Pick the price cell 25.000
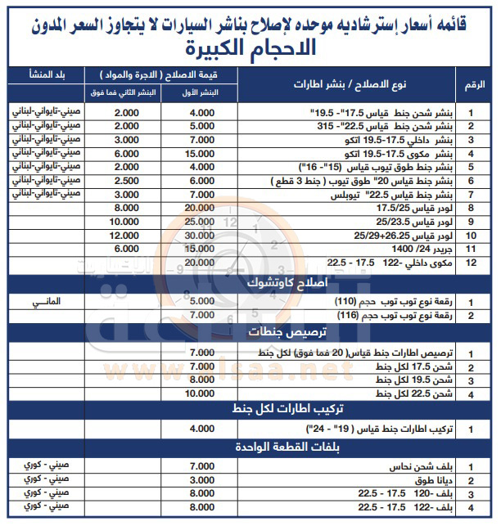pyautogui.click(x=201, y=222)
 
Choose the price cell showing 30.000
pyautogui.click(x=201, y=235)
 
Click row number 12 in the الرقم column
pyautogui.click(x=473, y=261)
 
